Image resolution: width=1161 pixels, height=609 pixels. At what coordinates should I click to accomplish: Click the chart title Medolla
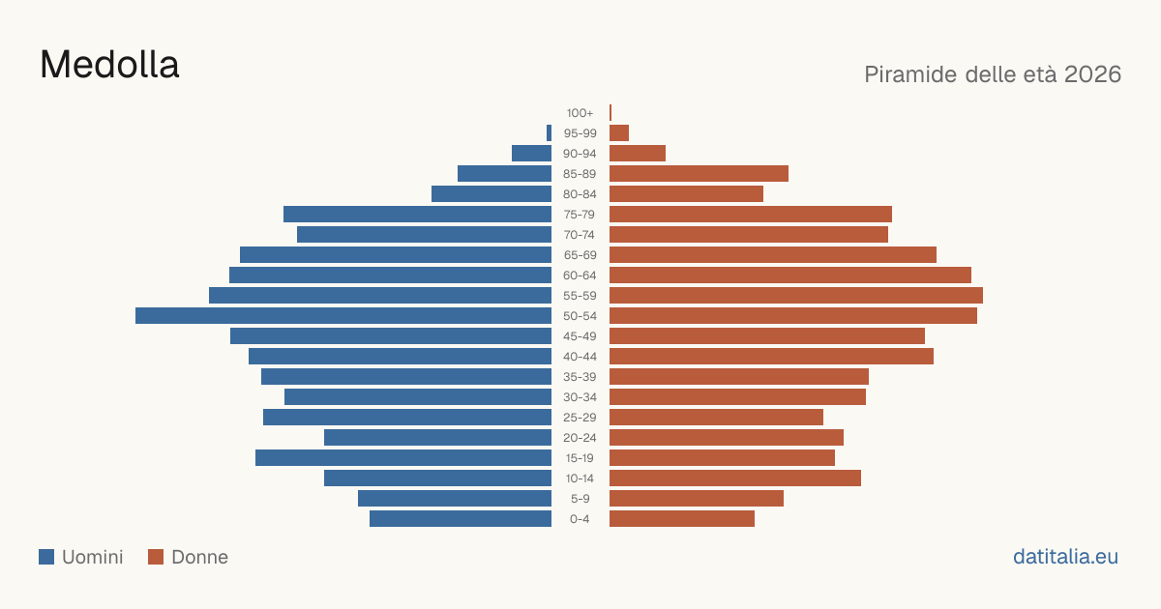tap(109, 65)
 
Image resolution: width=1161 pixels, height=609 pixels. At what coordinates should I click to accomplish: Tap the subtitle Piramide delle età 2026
tap(993, 74)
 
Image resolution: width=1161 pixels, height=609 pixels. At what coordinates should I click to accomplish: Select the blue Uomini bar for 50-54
tap(343, 316)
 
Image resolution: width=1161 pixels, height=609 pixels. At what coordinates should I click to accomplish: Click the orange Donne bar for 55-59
tap(796, 296)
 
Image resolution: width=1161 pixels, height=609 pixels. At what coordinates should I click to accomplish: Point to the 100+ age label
tap(580, 113)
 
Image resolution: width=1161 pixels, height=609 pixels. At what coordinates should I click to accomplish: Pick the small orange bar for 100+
tap(610, 113)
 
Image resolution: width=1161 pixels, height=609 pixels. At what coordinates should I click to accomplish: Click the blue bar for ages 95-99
tap(549, 133)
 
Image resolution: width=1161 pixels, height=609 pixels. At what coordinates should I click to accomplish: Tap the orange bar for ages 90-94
tap(638, 154)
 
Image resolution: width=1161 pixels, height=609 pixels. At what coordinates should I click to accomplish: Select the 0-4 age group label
tap(580, 519)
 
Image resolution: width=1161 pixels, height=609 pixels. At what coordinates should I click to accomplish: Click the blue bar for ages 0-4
tap(461, 519)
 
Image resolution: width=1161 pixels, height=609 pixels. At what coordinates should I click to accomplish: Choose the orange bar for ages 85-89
tap(699, 173)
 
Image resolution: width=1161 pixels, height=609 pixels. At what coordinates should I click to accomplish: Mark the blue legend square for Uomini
tap(46, 557)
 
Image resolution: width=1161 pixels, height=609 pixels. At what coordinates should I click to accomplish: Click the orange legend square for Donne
tap(156, 557)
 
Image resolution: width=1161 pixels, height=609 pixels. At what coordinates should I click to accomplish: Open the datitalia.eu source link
tap(1065, 557)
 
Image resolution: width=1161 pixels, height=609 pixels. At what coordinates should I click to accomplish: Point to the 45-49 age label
tap(580, 336)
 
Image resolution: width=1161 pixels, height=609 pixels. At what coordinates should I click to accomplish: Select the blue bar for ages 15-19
tap(403, 458)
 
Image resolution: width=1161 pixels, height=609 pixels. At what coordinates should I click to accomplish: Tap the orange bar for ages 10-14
tap(735, 478)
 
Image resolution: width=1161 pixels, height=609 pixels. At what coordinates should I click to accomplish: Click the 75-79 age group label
tap(580, 215)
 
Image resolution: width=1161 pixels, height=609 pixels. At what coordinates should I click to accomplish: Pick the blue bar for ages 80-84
tap(491, 194)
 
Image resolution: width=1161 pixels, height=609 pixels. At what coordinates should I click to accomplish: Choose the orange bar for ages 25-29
tap(716, 418)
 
